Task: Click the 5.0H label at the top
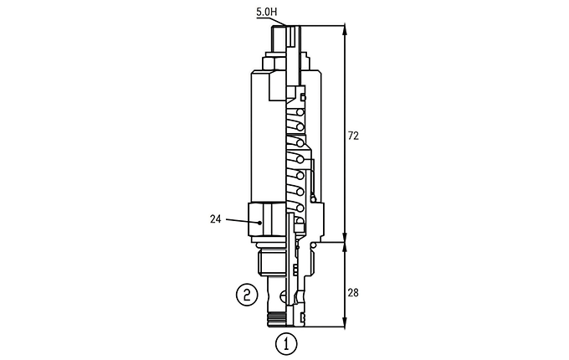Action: [266, 12]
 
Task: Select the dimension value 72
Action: [353, 136]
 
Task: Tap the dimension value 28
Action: [353, 292]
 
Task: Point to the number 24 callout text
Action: [215, 219]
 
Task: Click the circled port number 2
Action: [247, 295]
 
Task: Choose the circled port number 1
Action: [286, 343]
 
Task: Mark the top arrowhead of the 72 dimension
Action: [345, 30]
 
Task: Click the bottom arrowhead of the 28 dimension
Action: [345, 322]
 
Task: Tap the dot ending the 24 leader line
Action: [260, 223]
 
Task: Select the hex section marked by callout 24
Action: [267, 219]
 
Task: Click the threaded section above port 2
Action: [272, 264]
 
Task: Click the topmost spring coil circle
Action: [300, 112]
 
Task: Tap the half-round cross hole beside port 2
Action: [284, 296]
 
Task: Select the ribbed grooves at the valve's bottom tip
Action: [277, 318]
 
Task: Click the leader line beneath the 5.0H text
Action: [271, 22]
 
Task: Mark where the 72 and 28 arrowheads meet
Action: [345, 242]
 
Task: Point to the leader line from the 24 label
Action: [243, 221]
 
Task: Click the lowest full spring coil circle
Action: [300, 208]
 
